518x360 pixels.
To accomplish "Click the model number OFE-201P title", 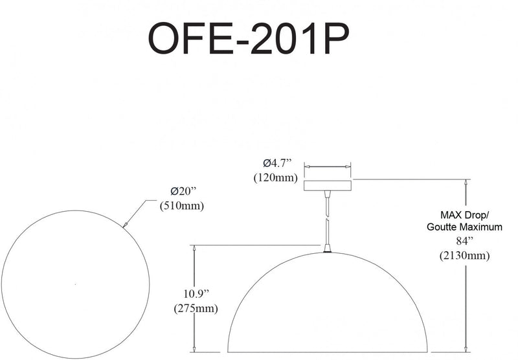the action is click(249, 38).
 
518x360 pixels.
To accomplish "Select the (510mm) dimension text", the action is click(182, 206).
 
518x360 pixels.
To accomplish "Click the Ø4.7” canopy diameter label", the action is click(278, 163).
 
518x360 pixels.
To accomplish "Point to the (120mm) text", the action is click(276, 177).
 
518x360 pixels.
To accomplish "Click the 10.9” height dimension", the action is click(197, 293).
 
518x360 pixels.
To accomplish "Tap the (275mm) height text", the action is click(196, 308).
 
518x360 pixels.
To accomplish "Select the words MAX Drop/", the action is click(464, 215).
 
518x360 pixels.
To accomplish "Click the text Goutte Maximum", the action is click(464, 227).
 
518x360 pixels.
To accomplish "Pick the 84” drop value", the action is click(465, 242).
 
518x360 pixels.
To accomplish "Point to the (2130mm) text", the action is click(464, 256).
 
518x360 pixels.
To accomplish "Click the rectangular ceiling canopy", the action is click(328, 186).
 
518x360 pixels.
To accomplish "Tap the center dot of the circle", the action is click(76, 284).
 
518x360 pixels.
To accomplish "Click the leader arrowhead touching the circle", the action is click(125, 225).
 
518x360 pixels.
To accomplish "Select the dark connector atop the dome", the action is click(327, 252).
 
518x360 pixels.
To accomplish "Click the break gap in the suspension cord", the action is click(327, 216).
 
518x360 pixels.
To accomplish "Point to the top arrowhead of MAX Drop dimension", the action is click(466, 183).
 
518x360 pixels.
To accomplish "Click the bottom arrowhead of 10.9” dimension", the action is click(194, 348).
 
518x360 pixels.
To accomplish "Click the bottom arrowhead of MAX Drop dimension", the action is click(466, 348).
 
